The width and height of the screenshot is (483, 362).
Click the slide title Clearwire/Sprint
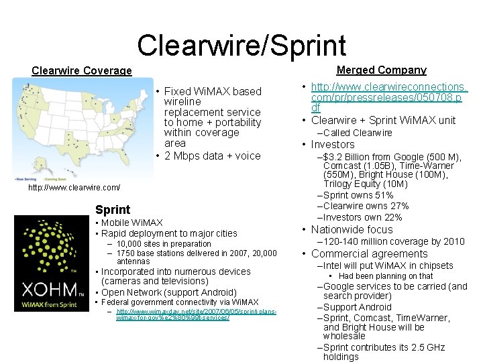241,45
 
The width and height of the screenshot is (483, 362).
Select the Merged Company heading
381,70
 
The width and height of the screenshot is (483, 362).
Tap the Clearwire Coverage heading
82,71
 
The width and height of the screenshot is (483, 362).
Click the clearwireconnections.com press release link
388,98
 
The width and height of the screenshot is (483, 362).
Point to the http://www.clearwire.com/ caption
74,188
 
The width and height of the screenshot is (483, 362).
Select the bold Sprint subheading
113,210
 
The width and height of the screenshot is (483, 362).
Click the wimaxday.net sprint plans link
195,314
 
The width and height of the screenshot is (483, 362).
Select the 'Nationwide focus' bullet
352,229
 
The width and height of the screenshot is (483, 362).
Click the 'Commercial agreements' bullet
369,253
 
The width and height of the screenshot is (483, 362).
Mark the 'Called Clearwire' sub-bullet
358,133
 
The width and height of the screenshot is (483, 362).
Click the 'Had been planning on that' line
386,276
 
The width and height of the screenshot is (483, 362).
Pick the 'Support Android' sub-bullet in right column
358,307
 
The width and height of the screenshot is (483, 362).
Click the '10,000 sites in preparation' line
164,244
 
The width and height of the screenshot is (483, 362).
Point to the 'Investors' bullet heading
333,144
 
